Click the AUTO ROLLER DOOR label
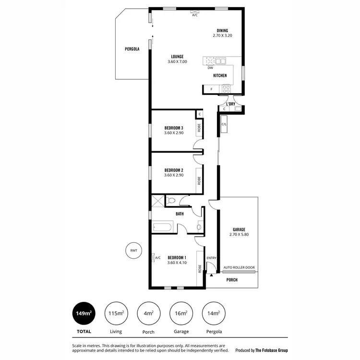coord(239,268)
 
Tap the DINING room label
coord(222,30)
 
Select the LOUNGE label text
coord(177,56)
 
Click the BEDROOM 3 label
coord(174,128)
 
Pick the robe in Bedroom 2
coord(199,180)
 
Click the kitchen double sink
coord(221,61)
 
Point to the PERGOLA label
coord(132,49)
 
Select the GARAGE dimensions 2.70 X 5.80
coord(239,235)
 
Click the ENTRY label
coord(211,258)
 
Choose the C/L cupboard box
coord(224,125)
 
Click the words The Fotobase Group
coord(272,350)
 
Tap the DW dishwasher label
coord(210,68)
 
